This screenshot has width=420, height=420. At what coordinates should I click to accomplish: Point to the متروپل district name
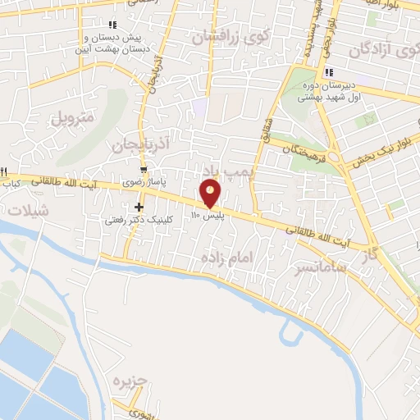(73, 117)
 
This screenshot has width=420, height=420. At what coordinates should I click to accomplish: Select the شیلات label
(28, 210)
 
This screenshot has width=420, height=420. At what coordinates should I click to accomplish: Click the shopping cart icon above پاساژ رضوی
(144, 170)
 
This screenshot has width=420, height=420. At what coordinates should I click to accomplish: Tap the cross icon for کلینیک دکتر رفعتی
(139, 207)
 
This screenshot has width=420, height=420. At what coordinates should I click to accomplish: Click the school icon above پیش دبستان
(112, 25)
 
